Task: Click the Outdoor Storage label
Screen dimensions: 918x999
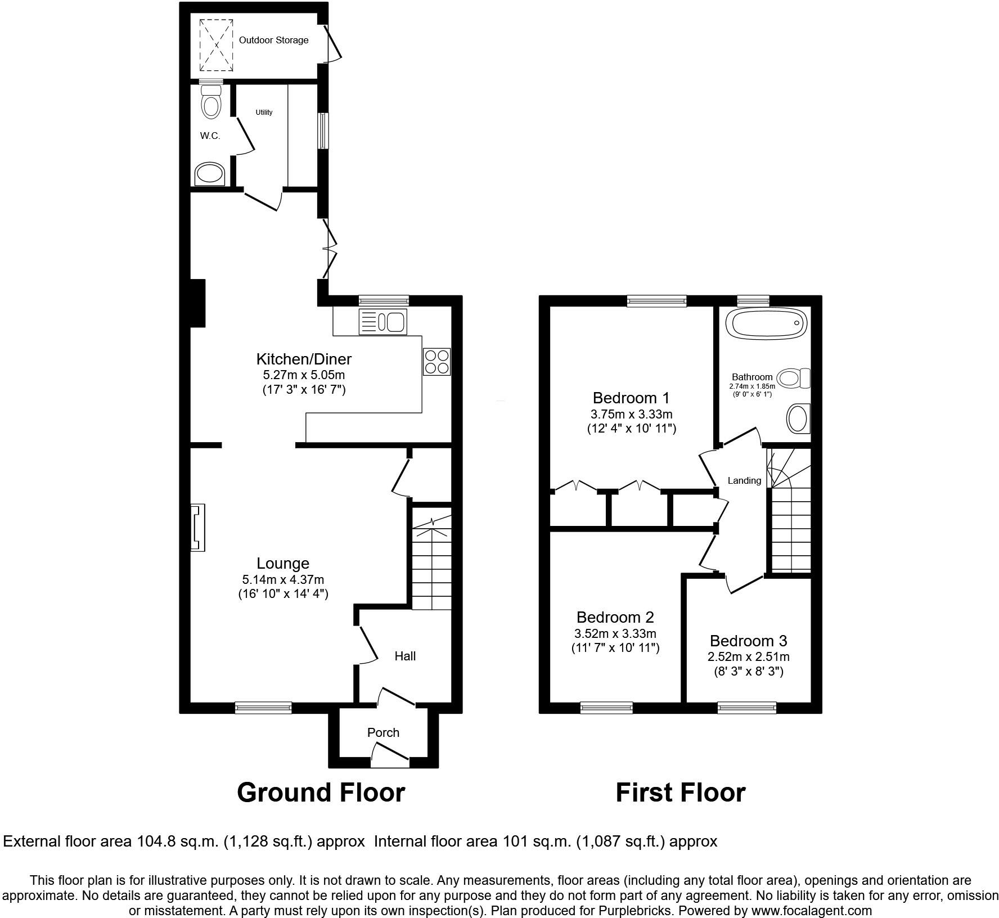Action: pyautogui.click(x=273, y=40)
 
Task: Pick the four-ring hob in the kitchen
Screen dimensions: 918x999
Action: pyautogui.click(x=437, y=362)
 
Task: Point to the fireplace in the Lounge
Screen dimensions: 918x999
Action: pyautogui.click(x=198, y=528)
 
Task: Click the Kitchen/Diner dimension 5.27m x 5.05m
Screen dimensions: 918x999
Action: pyautogui.click(x=304, y=375)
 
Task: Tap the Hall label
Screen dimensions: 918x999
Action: pyautogui.click(x=405, y=656)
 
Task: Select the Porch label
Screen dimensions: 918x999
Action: pyautogui.click(x=383, y=732)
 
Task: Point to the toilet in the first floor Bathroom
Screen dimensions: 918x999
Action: pyautogui.click(x=795, y=378)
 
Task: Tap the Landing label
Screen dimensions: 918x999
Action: pyautogui.click(x=744, y=480)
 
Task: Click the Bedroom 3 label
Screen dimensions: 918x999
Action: pyautogui.click(x=748, y=641)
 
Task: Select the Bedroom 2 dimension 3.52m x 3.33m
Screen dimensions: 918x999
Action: pyautogui.click(x=615, y=633)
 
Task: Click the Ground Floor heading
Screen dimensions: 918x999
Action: pyautogui.click(x=321, y=793)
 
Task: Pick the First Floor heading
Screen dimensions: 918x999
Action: pyautogui.click(x=680, y=793)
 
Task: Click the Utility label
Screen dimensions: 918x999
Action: pyautogui.click(x=264, y=112)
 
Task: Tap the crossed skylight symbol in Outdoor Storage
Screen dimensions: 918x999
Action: pyautogui.click(x=216, y=45)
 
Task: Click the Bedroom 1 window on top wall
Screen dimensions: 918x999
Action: pyautogui.click(x=657, y=301)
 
